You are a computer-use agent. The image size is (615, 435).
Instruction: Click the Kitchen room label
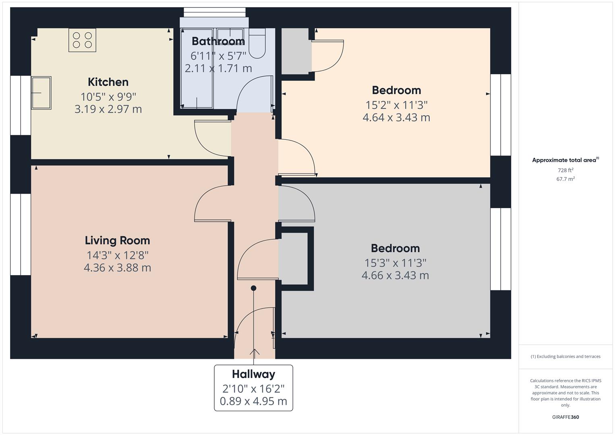click(x=108, y=82)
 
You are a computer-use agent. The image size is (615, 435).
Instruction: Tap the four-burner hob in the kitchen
click(x=82, y=40)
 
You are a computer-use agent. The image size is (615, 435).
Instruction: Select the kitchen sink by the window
click(x=41, y=93)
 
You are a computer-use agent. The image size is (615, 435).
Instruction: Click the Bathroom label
click(x=218, y=41)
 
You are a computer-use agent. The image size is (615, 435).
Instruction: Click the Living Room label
click(x=117, y=240)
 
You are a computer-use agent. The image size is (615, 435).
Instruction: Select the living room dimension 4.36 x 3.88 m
click(x=117, y=268)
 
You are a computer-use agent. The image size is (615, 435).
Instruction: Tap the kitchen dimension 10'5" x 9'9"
click(x=108, y=97)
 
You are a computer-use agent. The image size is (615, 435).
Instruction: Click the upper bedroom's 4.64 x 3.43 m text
click(x=396, y=118)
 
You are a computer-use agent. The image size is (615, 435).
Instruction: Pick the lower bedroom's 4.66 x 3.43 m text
click(x=395, y=275)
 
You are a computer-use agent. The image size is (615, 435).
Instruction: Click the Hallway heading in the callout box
click(x=253, y=374)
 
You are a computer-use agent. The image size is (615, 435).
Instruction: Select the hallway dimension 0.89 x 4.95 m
click(x=253, y=401)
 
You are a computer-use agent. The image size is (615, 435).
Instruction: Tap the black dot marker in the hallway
click(x=254, y=288)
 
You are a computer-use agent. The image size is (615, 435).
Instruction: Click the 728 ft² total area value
click(x=565, y=170)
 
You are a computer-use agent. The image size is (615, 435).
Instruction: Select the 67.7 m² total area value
click(x=565, y=179)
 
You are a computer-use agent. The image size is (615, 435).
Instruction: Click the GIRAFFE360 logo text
click(x=565, y=417)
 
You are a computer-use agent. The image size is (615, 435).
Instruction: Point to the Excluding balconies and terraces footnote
click(x=565, y=356)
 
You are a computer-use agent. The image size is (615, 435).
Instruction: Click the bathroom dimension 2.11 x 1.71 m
click(x=218, y=68)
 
